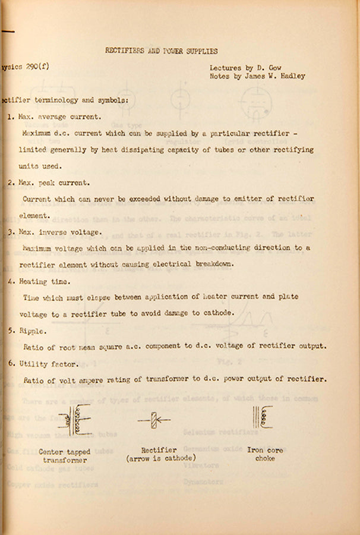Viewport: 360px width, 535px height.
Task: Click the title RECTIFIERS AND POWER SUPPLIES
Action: pyautogui.click(x=161, y=51)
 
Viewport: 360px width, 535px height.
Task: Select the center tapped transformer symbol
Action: pyautogui.click(x=75, y=420)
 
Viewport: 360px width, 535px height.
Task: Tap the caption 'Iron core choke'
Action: pyautogui.click(x=265, y=454)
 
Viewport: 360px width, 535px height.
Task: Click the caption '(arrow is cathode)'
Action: pyautogui.click(x=162, y=458)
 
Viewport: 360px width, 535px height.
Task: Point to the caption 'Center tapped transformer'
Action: pyautogui.click(x=65, y=456)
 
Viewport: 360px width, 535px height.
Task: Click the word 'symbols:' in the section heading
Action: pyautogui.click(x=110, y=100)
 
